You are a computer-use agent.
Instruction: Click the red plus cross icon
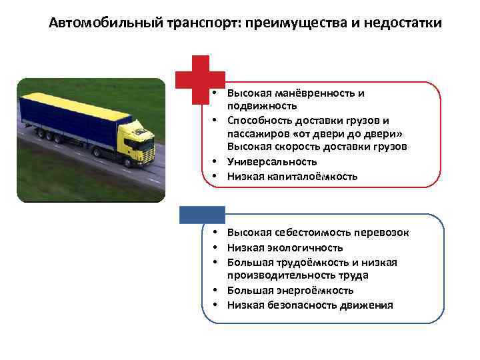coord(200,79)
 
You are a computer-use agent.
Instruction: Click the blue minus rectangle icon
coord(202,214)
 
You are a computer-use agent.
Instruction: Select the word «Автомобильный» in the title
coord(95,24)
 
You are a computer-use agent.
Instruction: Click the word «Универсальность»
coord(271,161)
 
